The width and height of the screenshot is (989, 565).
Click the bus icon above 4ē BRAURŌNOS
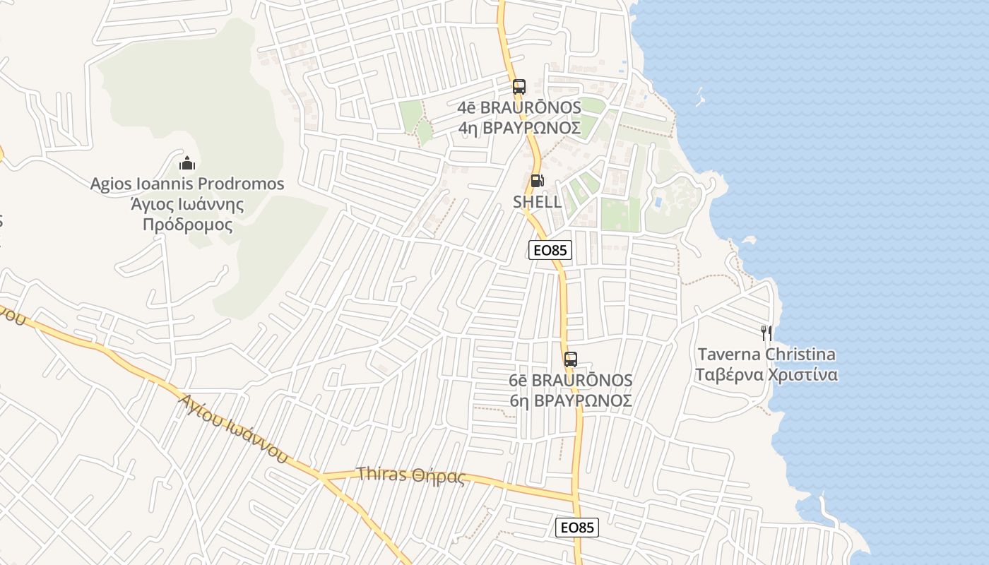pyautogui.click(x=519, y=88)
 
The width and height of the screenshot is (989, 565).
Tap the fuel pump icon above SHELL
pyautogui.click(x=537, y=181)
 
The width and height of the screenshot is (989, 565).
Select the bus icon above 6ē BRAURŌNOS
pyautogui.click(x=571, y=359)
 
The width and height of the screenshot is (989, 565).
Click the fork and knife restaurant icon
pyautogui.click(x=766, y=333)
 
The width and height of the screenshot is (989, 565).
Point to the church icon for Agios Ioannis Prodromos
pyautogui.click(x=187, y=164)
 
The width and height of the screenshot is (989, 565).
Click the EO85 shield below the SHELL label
pyautogui.click(x=550, y=250)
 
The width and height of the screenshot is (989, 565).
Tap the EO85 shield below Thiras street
pyautogui.click(x=577, y=528)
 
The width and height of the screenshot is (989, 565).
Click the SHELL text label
pyautogui.click(x=538, y=202)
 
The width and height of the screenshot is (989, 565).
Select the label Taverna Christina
pyautogui.click(x=766, y=355)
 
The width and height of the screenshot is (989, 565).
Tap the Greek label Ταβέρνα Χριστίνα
pyautogui.click(x=766, y=374)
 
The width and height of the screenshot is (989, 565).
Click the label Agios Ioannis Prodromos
pyautogui.click(x=187, y=184)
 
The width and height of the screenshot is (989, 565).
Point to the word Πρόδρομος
pyautogui.click(x=187, y=225)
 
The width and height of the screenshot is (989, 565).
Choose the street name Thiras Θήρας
pyautogui.click(x=411, y=475)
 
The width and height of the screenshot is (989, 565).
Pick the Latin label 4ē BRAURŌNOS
pyautogui.click(x=519, y=108)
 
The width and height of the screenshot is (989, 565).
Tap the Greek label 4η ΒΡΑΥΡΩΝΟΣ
pyautogui.click(x=519, y=128)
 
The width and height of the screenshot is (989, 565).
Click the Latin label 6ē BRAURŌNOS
pyautogui.click(x=571, y=381)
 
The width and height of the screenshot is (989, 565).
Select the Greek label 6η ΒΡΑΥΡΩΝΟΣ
pyautogui.click(x=571, y=400)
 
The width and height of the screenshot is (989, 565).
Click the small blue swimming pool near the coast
pyautogui.click(x=658, y=203)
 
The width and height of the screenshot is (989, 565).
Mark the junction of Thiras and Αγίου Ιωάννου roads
pyautogui.click(x=324, y=478)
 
